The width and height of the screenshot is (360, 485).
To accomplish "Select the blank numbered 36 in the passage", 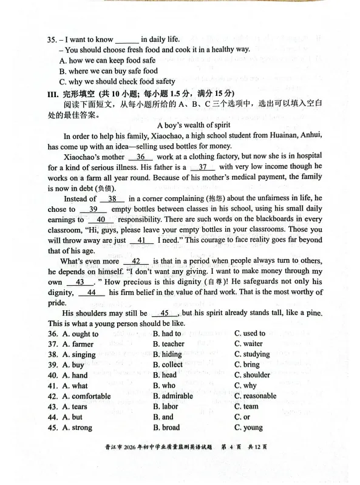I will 140,157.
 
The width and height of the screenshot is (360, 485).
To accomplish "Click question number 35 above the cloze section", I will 52,39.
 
